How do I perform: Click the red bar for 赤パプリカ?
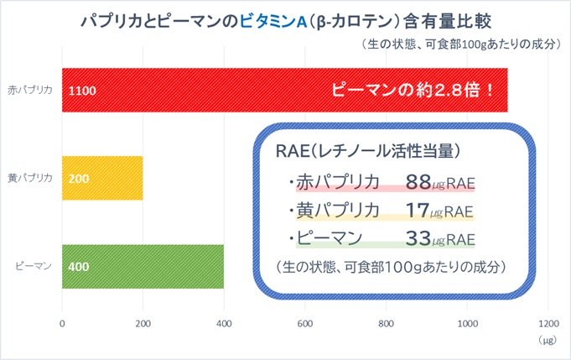click(x=285, y=90)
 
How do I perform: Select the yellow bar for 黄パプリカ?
click(x=102, y=178)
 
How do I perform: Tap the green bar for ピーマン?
click(x=143, y=266)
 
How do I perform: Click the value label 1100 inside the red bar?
click(x=82, y=91)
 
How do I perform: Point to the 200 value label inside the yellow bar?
click(x=79, y=179)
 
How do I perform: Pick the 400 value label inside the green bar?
click(x=79, y=267)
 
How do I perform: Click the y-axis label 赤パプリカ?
click(x=30, y=90)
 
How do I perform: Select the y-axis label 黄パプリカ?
click(x=30, y=178)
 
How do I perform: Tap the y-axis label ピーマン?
click(x=34, y=266)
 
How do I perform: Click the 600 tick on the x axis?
click(x=305, y=324)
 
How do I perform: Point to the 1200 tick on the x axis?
click(x=548, y=324)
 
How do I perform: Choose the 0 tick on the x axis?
click(x=62, y=324)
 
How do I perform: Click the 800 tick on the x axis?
click(x=386, y=324)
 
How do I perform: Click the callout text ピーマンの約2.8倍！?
click(x=413, y=90)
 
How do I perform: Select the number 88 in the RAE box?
click(x=418, y=182)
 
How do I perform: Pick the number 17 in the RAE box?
click(x=418, y=211)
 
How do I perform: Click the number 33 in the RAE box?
click(x=418, y=238)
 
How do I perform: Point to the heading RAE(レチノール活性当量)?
click(x=368, y=151)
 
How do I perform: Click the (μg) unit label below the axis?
click(x=548, y=341)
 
